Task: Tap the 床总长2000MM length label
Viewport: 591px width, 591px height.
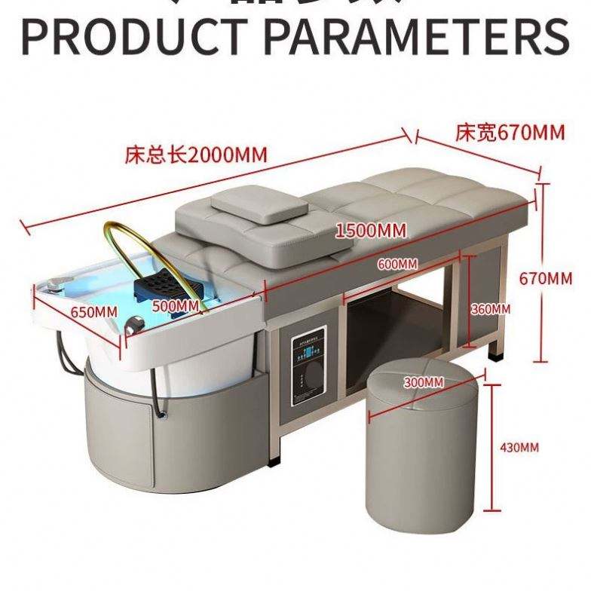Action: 196,156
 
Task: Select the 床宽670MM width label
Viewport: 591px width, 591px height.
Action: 510,133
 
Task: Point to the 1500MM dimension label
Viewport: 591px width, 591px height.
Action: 370,229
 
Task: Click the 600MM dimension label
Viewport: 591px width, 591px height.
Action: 397,264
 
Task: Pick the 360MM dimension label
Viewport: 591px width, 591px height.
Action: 491,309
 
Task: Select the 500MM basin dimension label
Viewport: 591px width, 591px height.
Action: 175,305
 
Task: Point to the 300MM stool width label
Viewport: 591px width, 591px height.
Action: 423,382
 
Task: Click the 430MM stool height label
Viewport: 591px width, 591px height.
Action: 519,448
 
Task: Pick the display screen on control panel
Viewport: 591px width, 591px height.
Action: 309,347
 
